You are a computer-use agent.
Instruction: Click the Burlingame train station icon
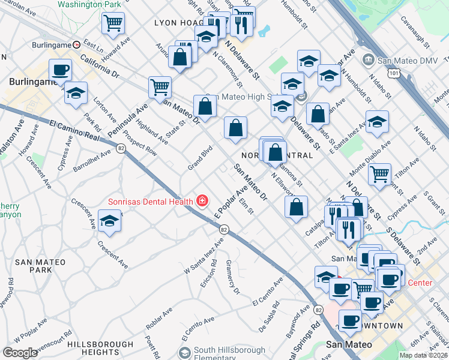(76, 44)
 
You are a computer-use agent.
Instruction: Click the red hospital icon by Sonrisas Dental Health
(202, 201)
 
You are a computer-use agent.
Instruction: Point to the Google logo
(20, 352)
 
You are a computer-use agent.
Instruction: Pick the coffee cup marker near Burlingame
(59, 70)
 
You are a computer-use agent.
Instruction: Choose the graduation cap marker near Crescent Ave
(109, 221)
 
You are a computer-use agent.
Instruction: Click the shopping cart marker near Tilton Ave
(379, 174)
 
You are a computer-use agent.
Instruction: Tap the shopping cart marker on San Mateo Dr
(160, 87)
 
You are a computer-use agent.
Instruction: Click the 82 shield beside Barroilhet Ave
(121, 148)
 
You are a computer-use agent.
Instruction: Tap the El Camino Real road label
(74, 130)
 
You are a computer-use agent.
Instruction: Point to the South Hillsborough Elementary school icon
(185, 351)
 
